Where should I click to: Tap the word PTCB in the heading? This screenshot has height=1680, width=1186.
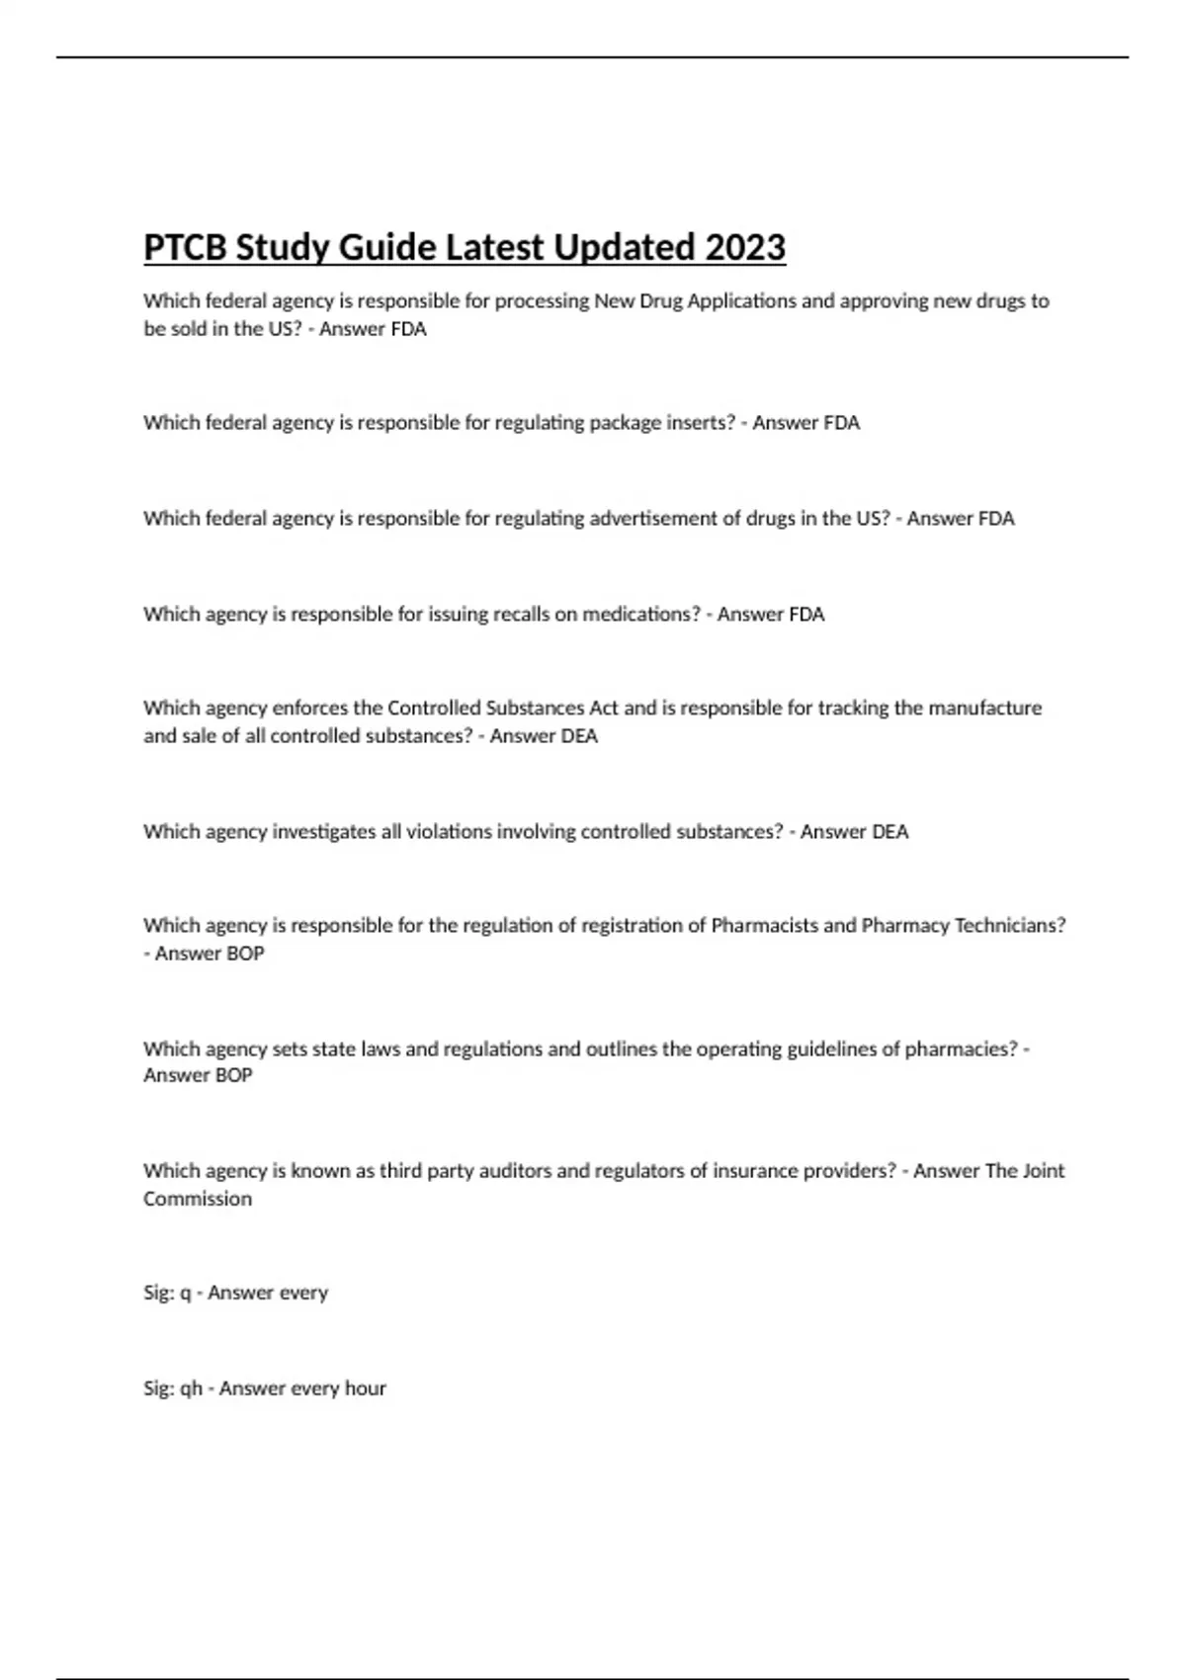pyautogui.click(x=185, y=247)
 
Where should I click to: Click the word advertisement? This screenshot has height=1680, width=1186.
pyautogui.click(x=653, y=519)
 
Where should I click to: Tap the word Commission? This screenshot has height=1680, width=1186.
pyautogui.click(x=198, y=1199)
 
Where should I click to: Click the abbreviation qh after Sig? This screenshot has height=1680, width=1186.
pyautogui.click(x=191, y=1388)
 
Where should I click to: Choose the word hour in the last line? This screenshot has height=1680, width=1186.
pyautogui.click(x=365, y=1388)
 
